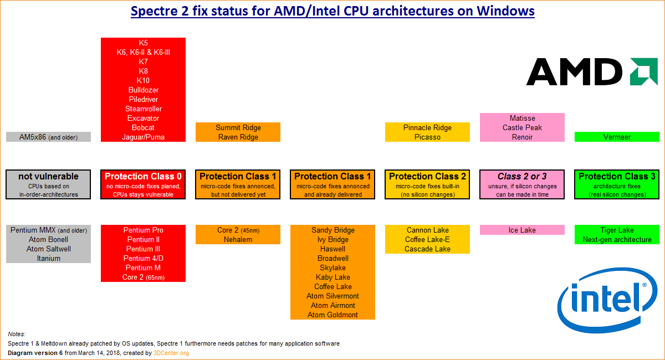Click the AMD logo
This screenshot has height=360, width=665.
tap(584, 71)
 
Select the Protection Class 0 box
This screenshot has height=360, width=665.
tap(143, 184)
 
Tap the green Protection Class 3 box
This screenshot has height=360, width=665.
tap(617, 184)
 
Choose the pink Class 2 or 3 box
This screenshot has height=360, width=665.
tap(522, 184)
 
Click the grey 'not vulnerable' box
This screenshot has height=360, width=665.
tap(48, 184)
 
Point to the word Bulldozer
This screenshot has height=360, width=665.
tap(143, 90)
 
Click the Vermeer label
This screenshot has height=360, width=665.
tap(617, 137)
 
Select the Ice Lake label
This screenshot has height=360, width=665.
tap(522, 230)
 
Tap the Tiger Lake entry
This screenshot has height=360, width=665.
tap(617, 230)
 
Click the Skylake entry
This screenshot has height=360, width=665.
tap(332, 268)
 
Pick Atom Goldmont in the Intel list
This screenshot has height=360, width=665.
tap(332, 315)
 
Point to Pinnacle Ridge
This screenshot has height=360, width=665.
tap(427, 127)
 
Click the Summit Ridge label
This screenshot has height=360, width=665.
tap(238, 127)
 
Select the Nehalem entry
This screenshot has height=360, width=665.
tap(238, 239)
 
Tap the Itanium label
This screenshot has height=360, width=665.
tap(48, 258)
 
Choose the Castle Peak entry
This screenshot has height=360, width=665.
tap(522, 127)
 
